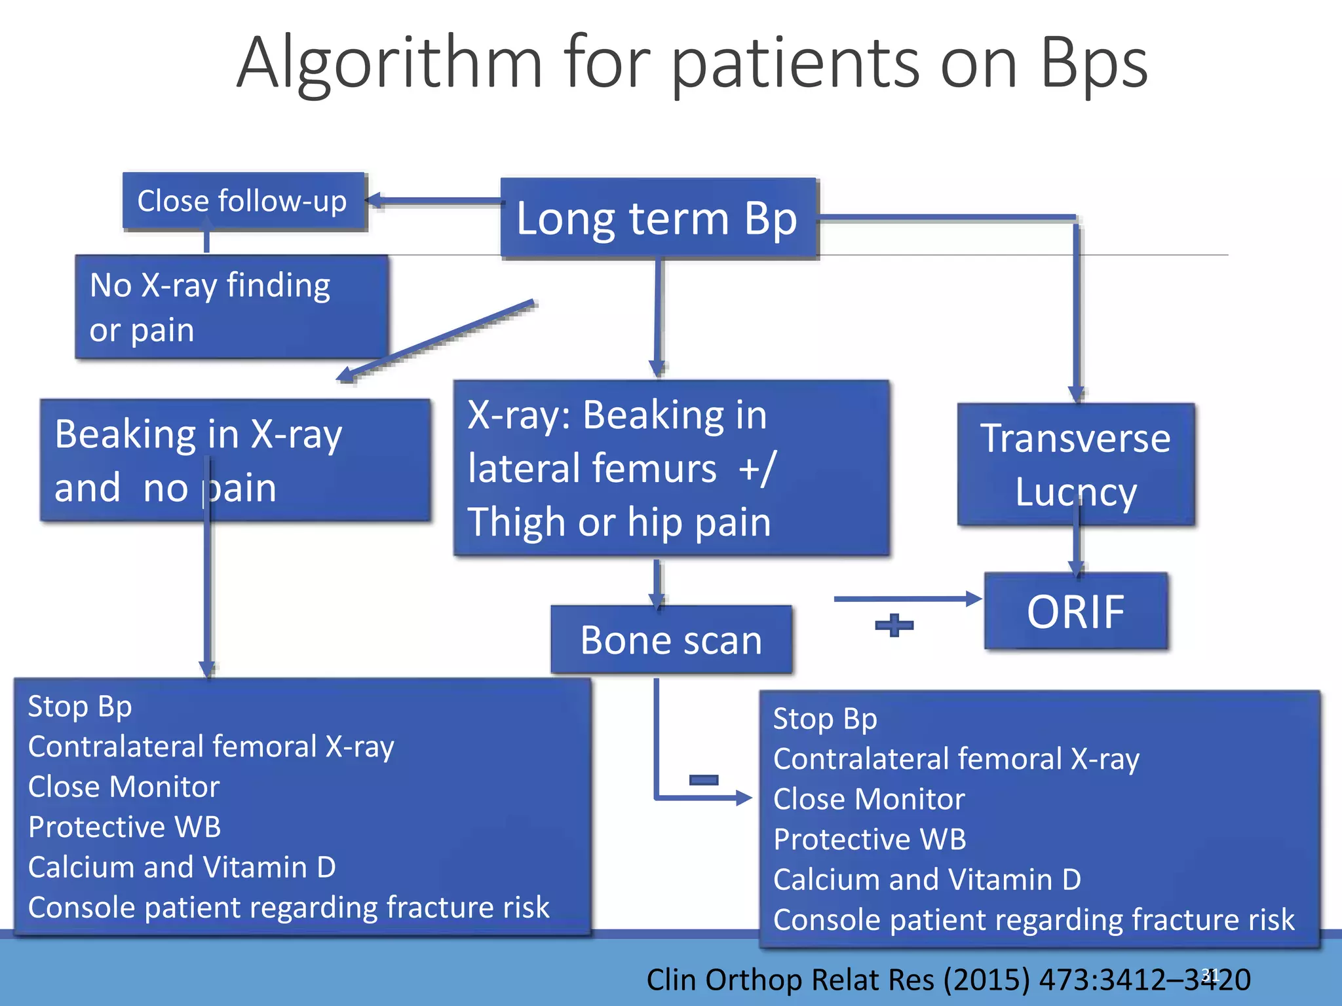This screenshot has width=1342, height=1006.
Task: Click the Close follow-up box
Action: click(244, 201)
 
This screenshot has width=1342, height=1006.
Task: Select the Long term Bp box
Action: click(658, 218)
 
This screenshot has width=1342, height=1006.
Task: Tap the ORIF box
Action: click(1075, 612)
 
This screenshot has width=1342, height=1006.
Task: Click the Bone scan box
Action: click(671, 640)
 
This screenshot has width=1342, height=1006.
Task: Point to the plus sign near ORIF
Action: click(894, 625)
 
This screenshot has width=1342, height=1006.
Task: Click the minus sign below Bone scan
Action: click(704, 779)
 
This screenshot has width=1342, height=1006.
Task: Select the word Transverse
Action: click(1075, 438)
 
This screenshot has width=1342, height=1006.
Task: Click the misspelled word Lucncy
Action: click(1075, 492)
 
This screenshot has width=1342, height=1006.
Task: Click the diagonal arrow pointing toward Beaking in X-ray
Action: click(436, 341)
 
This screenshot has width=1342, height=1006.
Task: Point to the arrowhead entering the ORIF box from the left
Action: click(974, 599)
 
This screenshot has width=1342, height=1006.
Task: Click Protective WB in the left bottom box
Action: click(125, 827)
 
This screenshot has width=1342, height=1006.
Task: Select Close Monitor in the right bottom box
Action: click(869, 799)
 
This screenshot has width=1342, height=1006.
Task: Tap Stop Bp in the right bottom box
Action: click(824, 718)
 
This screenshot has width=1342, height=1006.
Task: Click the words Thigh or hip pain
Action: click(619, 523)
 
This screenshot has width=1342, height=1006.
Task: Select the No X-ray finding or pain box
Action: click(231, 307)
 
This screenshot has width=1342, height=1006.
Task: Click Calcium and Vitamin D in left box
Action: click(182, 867)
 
